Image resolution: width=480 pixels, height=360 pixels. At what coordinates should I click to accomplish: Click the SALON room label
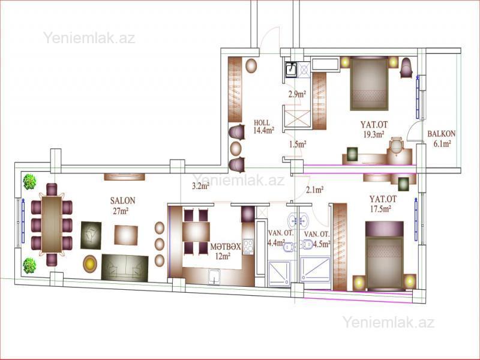click(x=123, y=201)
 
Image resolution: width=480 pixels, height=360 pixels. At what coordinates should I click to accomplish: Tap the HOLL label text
click(x=262, y=123)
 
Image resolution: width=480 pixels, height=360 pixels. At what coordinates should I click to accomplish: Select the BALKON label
click(x=442, y=133)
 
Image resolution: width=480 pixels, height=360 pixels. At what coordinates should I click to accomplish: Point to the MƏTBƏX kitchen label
click(x=226, y=247)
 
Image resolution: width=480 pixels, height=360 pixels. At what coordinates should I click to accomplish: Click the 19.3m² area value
click(x=374, y=134)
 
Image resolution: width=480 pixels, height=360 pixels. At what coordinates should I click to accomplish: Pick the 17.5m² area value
click(x=381, y=209)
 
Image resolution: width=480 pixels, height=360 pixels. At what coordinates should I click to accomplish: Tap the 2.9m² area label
click(x=297, y=94)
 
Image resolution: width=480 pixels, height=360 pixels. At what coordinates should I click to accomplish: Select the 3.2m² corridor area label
click(x=201, y=186)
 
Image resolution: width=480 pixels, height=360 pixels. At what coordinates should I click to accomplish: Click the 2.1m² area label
click(x=315, y=190)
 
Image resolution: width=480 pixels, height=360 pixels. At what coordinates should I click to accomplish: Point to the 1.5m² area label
click(x=298, y=144)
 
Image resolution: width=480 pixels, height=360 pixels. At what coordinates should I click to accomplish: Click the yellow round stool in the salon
click(x=90, y=263)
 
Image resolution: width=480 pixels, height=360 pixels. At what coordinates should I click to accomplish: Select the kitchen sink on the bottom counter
click(x=214, y=276)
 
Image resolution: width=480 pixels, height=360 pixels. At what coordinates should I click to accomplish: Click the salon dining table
click(x=52, y=224)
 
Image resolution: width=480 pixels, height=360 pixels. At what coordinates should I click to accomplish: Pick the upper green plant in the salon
click(x=29, y=182)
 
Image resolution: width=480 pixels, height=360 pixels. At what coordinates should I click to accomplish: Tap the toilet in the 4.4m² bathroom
click(x=290, y=247)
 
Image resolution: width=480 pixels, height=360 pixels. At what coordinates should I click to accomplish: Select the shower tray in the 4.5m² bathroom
click(x=316, y=269)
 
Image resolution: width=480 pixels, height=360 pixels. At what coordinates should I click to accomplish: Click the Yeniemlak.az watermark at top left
click(x=89, y=38)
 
